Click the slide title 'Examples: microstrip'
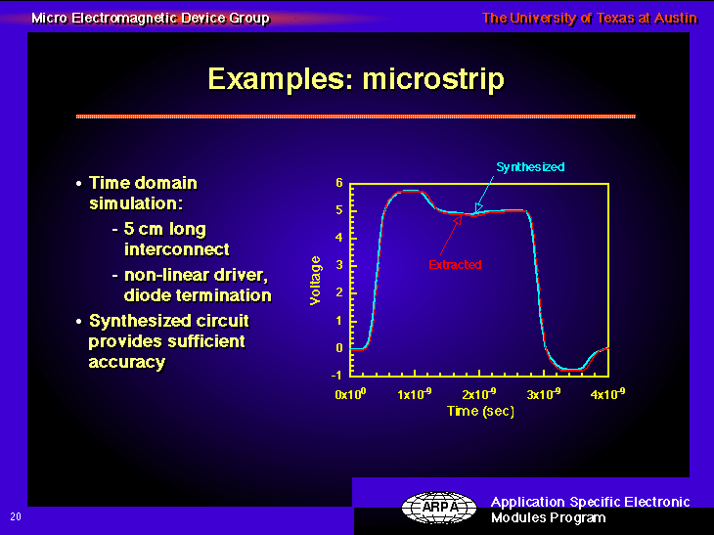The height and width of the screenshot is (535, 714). [356, 79]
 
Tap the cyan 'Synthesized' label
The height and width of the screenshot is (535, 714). [530, 167]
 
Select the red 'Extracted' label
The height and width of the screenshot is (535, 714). [455, 264]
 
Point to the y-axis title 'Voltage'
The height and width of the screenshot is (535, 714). [315, 281]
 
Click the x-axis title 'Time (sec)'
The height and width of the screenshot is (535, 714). [480, 411]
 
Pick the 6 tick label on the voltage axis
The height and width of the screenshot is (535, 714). [339, 183]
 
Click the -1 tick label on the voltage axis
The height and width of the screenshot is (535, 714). [336, 376]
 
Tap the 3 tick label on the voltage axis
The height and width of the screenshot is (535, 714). [339, 265]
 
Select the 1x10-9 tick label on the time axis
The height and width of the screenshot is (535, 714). [414, 393]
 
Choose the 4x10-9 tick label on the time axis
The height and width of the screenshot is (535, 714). [607, 393]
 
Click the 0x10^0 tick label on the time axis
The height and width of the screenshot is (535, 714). [350, 393]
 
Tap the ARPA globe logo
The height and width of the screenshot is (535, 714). [439, 508]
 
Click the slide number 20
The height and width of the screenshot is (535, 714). [16, 516]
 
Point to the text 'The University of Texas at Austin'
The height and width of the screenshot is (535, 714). [590, 19]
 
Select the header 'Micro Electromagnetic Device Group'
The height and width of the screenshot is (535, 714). [151, 19]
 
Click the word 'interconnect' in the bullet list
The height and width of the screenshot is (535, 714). [177, 249]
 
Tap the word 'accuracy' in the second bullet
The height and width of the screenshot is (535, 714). [126, 363]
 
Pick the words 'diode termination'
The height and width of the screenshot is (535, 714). [198, 295]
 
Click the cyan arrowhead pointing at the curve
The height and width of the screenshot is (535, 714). [478, 208]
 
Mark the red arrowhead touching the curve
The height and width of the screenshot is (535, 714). [458, 220]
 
